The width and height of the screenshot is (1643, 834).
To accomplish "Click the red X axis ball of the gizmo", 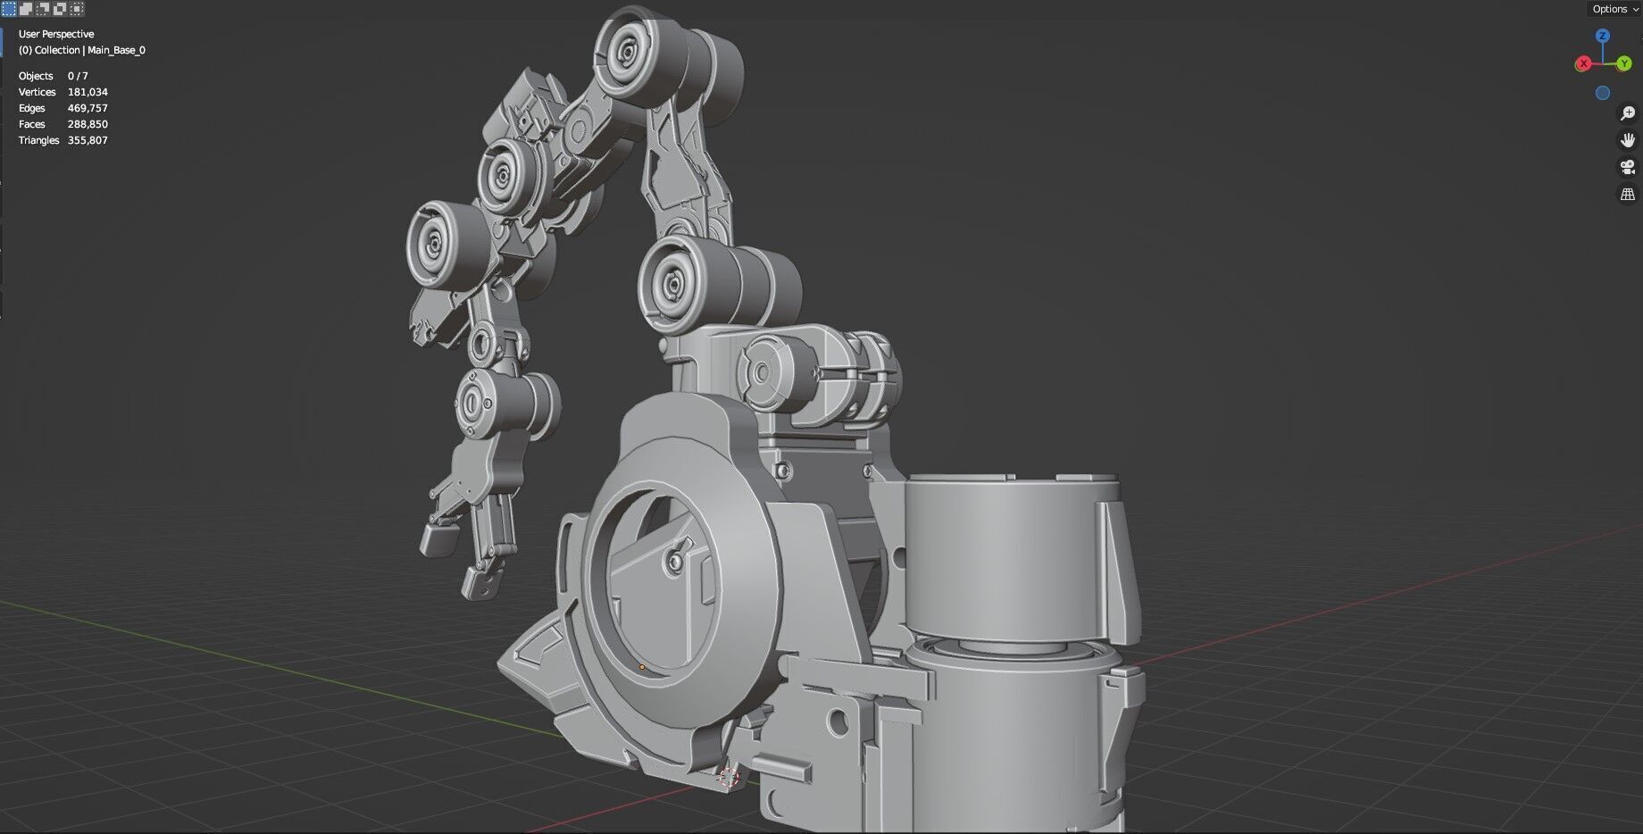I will click(1583, 63).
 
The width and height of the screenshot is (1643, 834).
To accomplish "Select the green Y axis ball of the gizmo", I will click(1623, 64).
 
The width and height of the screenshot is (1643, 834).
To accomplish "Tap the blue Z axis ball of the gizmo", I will click(1603, 36).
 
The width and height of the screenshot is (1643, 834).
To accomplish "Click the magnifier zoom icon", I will click(1627, 113).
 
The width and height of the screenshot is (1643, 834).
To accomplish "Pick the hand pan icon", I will click(1627, 140).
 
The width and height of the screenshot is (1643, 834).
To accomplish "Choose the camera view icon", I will click(1627, 167).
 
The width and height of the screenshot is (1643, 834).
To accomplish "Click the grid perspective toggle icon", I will click(1627, 194).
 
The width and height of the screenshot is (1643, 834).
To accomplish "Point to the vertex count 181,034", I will click(88, 92).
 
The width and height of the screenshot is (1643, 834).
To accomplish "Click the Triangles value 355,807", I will click(88, 140).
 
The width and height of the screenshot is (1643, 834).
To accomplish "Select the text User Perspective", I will click(56, 34).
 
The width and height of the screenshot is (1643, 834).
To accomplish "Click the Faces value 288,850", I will click(88, 124).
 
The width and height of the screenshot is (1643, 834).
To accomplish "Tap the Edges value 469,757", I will click(88, 108).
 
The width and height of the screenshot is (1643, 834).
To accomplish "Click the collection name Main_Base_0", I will click(116, 50).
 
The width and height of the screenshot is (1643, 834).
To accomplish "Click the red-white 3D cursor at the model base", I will click(730, 777).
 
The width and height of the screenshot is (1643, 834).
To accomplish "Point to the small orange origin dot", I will click(642, 667).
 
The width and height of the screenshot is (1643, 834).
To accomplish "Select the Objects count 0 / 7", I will click(78, 76).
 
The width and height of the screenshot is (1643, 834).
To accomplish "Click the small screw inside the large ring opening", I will click(675, 560).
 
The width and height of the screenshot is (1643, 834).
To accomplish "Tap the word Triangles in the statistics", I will click(38, 140).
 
